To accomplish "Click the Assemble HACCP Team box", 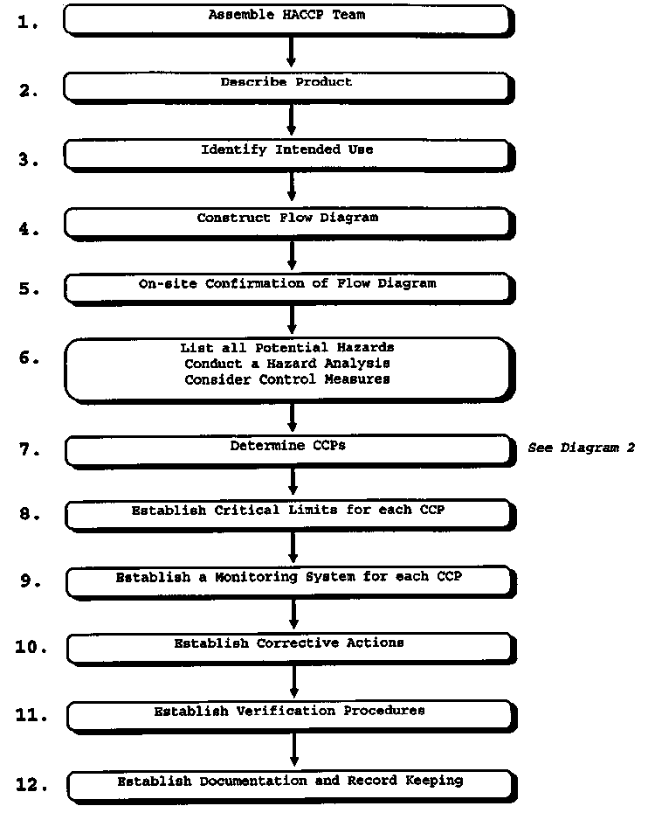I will pos(286,19).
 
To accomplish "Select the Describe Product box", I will pos(286,86).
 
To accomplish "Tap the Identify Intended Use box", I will pos(286,153).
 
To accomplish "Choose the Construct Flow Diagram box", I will pos(287,222).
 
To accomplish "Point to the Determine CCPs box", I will pos(287,449).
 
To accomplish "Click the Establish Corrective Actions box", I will pos(289,647).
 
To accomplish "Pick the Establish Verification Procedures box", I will pos(289,714).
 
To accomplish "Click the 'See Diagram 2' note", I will pos(581,448).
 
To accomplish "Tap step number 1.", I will pos(28,24).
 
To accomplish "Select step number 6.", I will pos(28,358).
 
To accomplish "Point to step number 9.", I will pos(30,580).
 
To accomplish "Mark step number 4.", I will pos(29,231).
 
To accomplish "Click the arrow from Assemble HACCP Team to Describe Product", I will pos(292,52).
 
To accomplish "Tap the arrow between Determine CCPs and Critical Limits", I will pos(293,479).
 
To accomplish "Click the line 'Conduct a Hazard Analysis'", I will pos(287,364).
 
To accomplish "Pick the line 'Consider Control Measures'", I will pos(287,379).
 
